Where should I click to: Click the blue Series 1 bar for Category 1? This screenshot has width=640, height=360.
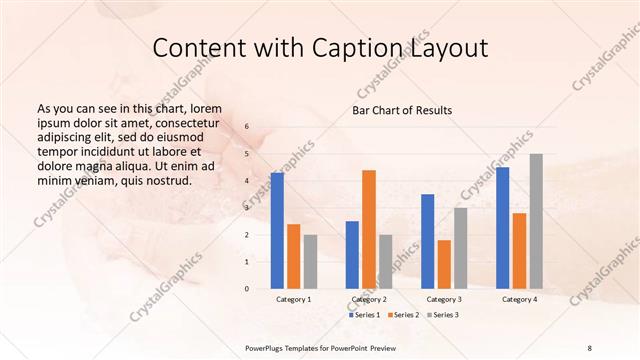[x=277, y=231]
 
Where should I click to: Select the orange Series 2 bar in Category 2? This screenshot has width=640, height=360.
[x=369, y=229]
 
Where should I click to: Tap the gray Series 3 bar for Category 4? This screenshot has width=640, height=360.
[x=536, y=221]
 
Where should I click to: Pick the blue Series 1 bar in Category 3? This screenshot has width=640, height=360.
[x=428, y=241]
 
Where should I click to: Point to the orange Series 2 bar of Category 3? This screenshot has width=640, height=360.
[x=444, y=264]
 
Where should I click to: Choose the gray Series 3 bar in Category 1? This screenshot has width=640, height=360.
[x=310, y=261]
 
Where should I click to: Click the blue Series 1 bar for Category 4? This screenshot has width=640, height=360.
[x=503, y=227]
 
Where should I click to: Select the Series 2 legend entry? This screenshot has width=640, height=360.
[x=402, y=315]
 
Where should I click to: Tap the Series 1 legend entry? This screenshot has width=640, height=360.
[x=363, y=315]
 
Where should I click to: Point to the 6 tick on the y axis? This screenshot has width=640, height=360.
[x=247, y=127]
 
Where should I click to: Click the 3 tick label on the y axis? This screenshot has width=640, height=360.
[x=247, y=208]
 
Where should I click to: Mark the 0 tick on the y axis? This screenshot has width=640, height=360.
[x=247, y=289]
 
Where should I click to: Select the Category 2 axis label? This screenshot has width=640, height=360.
[x=369, y=299]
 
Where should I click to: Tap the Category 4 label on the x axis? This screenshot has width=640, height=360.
[x=519, y=299]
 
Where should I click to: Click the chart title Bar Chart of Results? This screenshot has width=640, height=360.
[x=401, y=109]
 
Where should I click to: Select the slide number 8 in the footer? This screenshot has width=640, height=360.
[x=590, y=347]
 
